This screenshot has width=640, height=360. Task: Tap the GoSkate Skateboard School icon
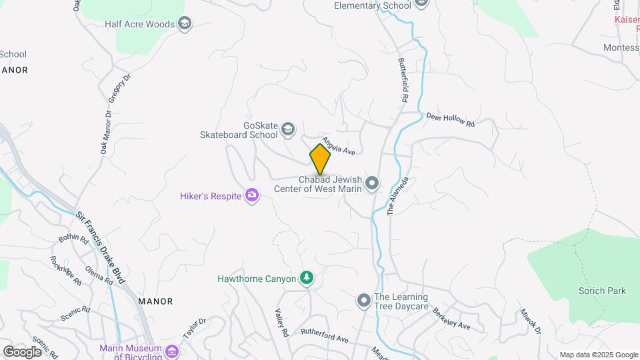click(x=288, y=129)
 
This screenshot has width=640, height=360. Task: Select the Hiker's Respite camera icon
click(x=252, y=195)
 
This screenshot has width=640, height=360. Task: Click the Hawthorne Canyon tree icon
click(x=307, y=278)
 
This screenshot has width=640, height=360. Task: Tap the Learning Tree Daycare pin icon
click(x=363, y=301)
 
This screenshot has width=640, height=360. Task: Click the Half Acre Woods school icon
click(x=185, y=25)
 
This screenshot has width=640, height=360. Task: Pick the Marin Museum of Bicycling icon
click(x=172, y=351)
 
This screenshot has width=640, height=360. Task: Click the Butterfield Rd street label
click(x=403, y=79)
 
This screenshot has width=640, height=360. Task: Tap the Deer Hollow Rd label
click(x=450, y=119)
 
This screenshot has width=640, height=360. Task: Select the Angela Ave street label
click(x=337, y=146)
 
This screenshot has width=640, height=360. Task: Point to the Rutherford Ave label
click(x=325, y=335)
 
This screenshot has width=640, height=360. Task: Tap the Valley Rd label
click(x=282, y=323)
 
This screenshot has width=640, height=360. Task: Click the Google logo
click(x=22, y=352)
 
